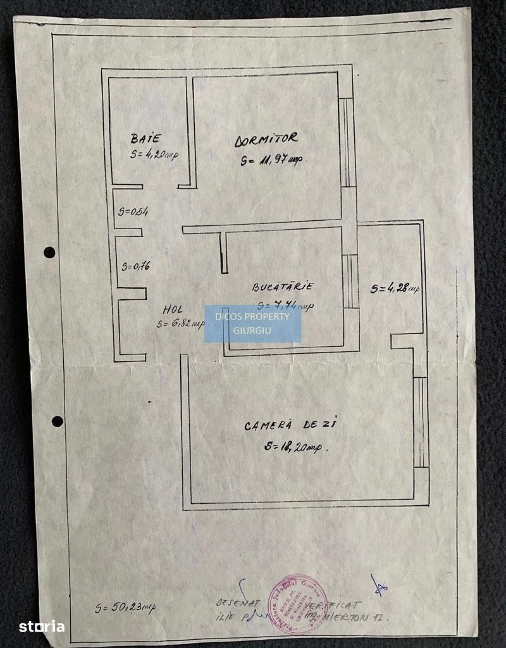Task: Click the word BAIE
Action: click(146, 138)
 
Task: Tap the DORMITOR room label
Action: click(266, 140)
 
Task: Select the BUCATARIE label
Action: click(283, 287)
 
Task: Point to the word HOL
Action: click(173, 309)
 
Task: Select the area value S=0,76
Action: click(135, 266)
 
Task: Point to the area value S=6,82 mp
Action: click(181, 324)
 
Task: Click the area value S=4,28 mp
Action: click(395, 289)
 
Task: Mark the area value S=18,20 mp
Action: click(293, 447)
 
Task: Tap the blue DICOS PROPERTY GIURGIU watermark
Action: click(252, 324)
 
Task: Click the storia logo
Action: click(42, 626)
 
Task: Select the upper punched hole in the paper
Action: click(49, 252)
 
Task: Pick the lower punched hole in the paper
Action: click(57, 421)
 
